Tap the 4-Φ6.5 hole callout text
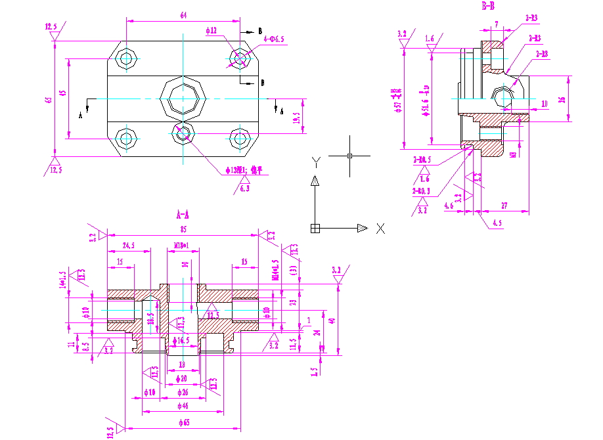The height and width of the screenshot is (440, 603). coord(273,39)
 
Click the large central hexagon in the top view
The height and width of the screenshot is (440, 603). coord(183,100)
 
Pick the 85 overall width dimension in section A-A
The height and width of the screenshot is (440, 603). coord(183,229)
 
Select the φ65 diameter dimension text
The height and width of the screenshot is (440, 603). coord(183,423)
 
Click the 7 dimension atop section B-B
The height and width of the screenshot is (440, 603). coord(496,24)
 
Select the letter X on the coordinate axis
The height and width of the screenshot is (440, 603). coord(380,229)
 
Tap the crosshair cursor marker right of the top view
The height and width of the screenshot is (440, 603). coord(350,156)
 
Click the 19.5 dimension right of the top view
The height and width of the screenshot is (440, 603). coord(297,118)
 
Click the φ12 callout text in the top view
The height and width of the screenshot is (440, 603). coord(211,31)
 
